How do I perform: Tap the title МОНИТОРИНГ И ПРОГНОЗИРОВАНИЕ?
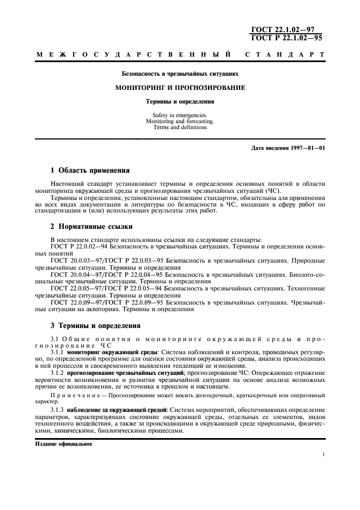pyautogui.click(x=180, y=87)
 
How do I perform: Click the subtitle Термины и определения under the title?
pyautogui.click(x=180, y=101)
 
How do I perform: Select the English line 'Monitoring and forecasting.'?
pyautogui.click(x=180, y=122)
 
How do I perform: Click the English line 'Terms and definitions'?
pyautogui.click(x=180, y=127)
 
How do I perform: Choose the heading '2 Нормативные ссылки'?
pyautogui.click(x=91, y=226)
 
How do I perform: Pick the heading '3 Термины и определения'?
pyautogui.click(x=95, y=326)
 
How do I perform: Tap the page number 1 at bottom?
pyautogui.click(x=324, y=454)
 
